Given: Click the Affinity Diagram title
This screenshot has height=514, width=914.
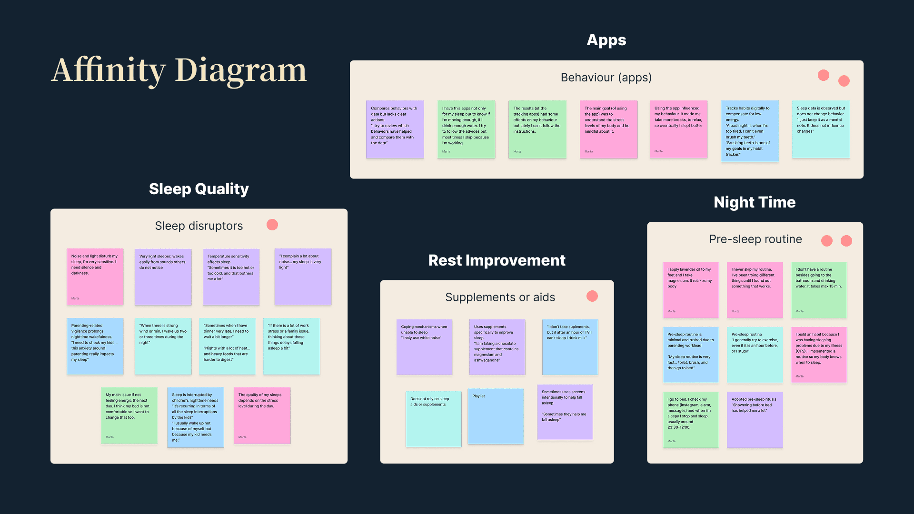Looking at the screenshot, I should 179,70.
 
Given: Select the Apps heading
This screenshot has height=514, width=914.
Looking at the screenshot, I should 606,40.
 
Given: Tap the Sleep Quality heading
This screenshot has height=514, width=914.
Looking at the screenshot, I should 199,189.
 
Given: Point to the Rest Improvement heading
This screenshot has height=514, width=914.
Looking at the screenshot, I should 497,260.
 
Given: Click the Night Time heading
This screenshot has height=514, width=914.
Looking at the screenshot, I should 755,202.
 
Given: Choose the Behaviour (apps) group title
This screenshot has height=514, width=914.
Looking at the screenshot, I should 606,78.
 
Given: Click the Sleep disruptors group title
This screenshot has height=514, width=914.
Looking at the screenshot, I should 199,226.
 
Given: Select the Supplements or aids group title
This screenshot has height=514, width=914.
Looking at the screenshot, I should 500,297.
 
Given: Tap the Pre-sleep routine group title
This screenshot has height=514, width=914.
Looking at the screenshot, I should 755,239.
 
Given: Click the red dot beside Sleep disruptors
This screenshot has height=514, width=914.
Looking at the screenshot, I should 272,225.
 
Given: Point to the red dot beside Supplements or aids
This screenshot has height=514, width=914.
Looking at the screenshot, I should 592,296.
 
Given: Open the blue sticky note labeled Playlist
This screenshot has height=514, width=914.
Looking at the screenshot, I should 496,416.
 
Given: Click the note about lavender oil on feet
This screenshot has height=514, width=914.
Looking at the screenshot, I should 691,289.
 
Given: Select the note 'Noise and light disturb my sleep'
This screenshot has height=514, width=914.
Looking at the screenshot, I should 95,277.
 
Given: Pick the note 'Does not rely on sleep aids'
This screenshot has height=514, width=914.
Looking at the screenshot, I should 433,419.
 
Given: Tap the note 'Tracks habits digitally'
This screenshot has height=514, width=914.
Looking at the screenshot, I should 749,131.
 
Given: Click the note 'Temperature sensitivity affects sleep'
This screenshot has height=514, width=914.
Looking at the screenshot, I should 231,277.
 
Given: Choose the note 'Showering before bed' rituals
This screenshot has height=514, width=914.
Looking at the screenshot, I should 755,419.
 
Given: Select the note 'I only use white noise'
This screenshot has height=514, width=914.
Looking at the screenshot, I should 424,347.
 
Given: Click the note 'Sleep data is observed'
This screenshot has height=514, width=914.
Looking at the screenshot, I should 821,129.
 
